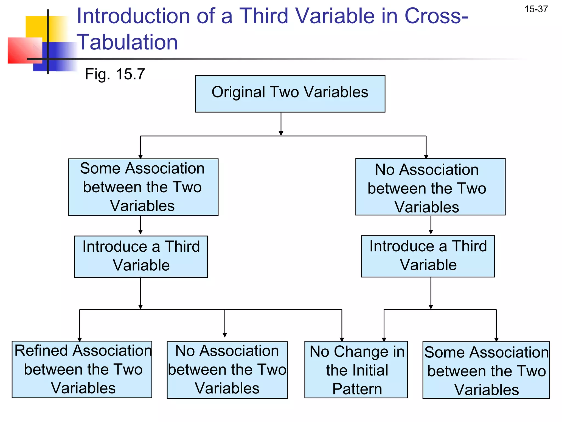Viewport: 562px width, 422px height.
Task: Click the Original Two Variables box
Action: (290, 94)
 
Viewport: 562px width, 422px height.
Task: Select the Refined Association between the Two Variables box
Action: (82, 369)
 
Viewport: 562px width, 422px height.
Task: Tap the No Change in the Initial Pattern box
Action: (356, 370)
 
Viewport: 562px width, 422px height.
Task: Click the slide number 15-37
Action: (536, 9)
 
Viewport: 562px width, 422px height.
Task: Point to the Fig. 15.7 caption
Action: (115, 74)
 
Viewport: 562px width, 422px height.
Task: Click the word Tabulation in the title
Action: (127, 42)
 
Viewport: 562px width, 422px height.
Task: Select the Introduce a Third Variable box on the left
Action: (141, 256)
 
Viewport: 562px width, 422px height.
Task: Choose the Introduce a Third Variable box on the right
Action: (428, 256)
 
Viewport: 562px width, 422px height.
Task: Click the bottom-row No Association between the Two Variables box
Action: (227, 370)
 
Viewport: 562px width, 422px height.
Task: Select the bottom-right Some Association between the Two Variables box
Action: (486, 370)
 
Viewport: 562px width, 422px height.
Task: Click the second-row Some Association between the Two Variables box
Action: (143, 187)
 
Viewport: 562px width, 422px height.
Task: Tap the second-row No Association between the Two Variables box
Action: (430, 187)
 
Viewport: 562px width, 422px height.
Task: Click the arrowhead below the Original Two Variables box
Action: (281, 133)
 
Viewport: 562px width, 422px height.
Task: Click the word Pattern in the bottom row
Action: (357, 389)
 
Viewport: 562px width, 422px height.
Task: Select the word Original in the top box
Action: (238, 92)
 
